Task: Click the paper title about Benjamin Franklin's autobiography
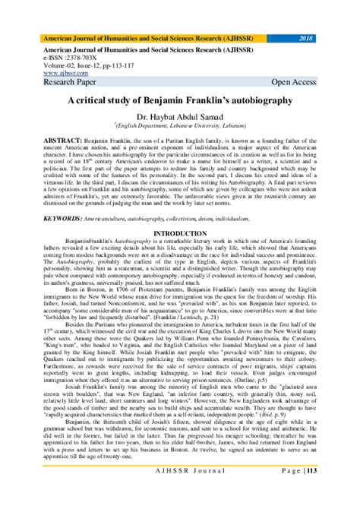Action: pos(179,100)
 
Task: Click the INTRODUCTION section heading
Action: pos(180,232)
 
